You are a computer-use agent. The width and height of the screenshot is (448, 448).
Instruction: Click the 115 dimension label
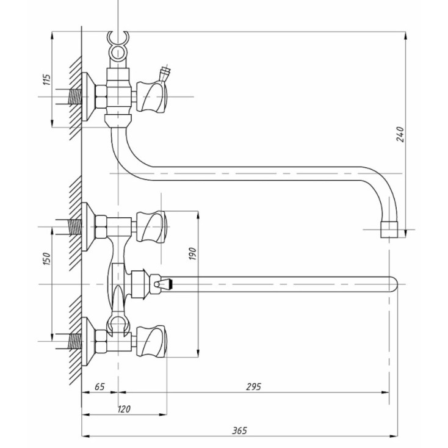[x=47, y=79]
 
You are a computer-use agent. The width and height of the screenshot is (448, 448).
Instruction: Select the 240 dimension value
[x=400, y=134]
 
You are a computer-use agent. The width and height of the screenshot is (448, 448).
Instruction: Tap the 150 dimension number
[x=47, y=259]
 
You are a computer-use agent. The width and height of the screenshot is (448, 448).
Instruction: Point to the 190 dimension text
[x=193, y=254]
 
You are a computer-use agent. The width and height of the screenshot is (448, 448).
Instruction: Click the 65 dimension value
[x=99, y=386]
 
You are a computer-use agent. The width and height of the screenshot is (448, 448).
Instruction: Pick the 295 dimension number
[x=253, y=386]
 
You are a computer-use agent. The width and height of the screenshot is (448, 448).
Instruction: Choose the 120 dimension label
[x=124, y=409]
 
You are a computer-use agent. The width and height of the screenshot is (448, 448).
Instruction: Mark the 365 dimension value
[x=239, y=430]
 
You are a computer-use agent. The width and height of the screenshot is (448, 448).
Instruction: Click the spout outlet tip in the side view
[x=389, y=229]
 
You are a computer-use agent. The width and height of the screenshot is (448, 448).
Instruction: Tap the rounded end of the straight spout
[x=394, y=284]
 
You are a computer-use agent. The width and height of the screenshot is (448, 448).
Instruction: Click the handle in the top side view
[x=151, y=96]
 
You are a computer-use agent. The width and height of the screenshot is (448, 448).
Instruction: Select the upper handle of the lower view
[x=151, y=227]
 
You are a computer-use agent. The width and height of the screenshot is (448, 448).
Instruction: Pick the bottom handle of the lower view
[x=151, y=341]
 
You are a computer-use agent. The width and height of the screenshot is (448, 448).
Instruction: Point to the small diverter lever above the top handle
[x=165, y=73]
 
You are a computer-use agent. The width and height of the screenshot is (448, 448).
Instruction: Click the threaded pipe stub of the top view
[x=75, y=96]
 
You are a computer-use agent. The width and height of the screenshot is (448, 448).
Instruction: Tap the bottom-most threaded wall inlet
[x=75, y=341]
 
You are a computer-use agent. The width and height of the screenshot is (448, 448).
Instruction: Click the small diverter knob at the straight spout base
[x=161, y=284]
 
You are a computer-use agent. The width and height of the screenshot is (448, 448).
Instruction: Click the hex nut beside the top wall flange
[x=101, y=96]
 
